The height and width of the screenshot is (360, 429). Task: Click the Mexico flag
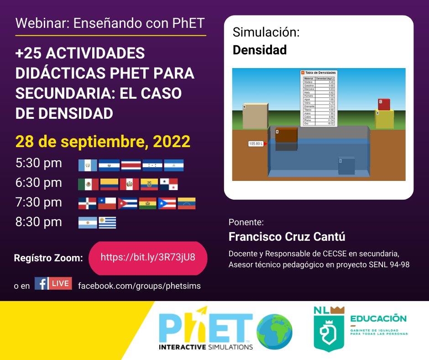click(88, 184)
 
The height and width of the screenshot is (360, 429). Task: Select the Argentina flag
click(88, 222)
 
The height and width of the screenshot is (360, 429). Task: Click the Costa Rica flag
click(131, 165)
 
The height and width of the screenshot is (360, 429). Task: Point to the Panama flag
click(169, 184)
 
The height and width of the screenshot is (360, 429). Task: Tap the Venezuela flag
click(186, 203)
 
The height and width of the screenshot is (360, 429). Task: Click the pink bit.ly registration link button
click(147, 257)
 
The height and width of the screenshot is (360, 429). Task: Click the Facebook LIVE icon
click(53, 284)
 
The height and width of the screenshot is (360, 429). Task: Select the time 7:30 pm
click(39, 202)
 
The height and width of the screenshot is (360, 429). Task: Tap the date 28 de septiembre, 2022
click(103, 142)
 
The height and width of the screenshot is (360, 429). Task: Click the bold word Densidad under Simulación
click(260, 50)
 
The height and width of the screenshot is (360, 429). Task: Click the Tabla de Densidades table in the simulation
click(319, 97)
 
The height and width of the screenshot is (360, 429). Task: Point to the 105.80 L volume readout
click(256, 143)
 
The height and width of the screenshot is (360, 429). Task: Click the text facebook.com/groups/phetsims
click(139, 286)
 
